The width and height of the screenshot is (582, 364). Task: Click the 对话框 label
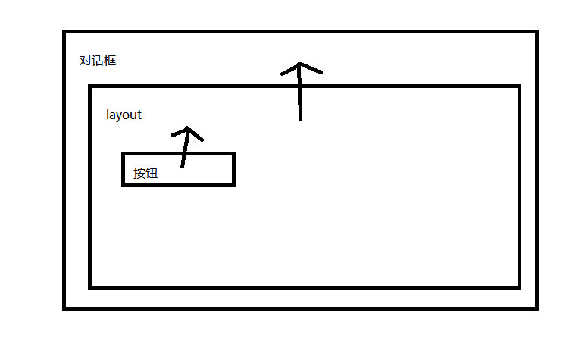[x=98, y=61]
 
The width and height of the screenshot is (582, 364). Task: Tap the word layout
[x=124, y=115]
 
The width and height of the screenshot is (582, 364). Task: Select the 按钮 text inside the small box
[x=145, y=173]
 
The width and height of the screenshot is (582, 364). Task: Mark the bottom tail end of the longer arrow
[x=301, y=119]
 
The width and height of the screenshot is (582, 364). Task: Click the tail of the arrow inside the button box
[x=182, y=165]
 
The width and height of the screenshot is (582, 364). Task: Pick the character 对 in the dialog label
[x=86, y=61]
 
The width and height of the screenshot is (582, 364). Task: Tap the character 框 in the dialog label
[x=110, y=61]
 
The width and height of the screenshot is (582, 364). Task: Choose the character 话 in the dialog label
[x=98, y=61]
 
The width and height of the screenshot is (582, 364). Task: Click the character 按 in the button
[x=139, y=173]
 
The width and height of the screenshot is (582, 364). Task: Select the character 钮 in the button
[x=152, y=173]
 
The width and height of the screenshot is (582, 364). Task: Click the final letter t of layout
[x=139, y=115]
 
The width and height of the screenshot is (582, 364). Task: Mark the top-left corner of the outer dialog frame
[x=65, y=32]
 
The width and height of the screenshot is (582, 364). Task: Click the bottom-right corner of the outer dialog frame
[x=536, y=308]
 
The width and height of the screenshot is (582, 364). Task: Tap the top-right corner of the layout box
[x=519, y=87]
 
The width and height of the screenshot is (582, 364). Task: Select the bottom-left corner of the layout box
[x=90, y=287]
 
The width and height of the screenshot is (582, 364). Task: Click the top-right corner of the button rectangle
[x=233, y=154]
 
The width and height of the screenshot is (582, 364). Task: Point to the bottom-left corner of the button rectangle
[x=124, y=184]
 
